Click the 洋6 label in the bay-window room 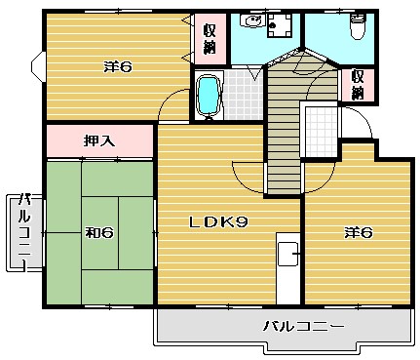[x=118, y=67]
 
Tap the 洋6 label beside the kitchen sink [x=358, y=232]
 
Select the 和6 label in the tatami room [x=99, y=232]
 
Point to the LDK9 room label [x=219, y=222]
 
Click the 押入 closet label [x=99, y=141]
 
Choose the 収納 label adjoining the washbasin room [x=210, y=39]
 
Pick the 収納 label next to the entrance [x=358, y=85]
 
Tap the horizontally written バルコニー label [x=303, y=325]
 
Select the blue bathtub [x=209, y=96]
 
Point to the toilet [x=358, y=26]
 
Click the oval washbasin [x=252, y=21]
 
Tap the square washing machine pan [x=280, y=25]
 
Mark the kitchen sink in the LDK [x=288, y=254]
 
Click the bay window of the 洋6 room [x=38, y=66]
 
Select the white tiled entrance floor [x=322, y=132]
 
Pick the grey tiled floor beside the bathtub [x=242, y=95]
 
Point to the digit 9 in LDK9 [x=243, y=222]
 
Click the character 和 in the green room [x=93, y=232]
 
